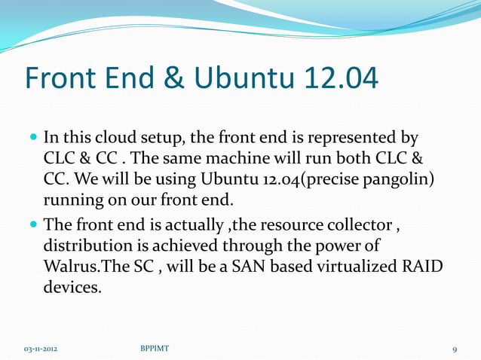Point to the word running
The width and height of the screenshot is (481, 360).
[74, 202]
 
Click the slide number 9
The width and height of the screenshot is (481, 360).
[455, 349]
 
